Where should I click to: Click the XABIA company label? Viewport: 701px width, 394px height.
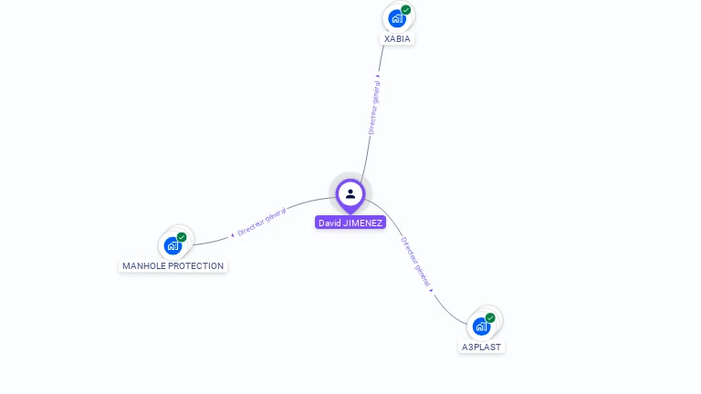click(397, 39)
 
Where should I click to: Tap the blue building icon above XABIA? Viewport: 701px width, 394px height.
click(396, 18)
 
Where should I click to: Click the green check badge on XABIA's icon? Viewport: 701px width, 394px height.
click(405, 10)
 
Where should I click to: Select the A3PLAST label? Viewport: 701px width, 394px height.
click(481, 347)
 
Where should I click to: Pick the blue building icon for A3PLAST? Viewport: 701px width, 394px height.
click(481, 327)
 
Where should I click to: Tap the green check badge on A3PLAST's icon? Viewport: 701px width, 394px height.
click(490, 317)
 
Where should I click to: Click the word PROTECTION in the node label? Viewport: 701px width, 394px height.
click(195, 266)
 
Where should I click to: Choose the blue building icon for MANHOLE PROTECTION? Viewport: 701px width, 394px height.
click(173, 245)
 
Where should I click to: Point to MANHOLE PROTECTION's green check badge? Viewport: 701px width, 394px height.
click(182, 237)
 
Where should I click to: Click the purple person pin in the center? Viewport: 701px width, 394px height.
click(350, 194)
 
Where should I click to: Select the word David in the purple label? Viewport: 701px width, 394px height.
click(330, 223)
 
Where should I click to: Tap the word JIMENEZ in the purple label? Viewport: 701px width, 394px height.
click(363, 223)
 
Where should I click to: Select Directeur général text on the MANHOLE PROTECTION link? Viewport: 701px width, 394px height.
click(261, 222)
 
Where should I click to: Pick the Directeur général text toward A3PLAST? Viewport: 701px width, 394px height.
click(414, 262)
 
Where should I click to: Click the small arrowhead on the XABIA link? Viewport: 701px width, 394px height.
click(378, 76)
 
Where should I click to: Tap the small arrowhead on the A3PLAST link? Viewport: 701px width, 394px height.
click(431, 291)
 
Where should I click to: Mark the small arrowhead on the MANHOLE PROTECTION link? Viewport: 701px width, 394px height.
click(232, 234)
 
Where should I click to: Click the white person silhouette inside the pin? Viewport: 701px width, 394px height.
click(350, 193)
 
